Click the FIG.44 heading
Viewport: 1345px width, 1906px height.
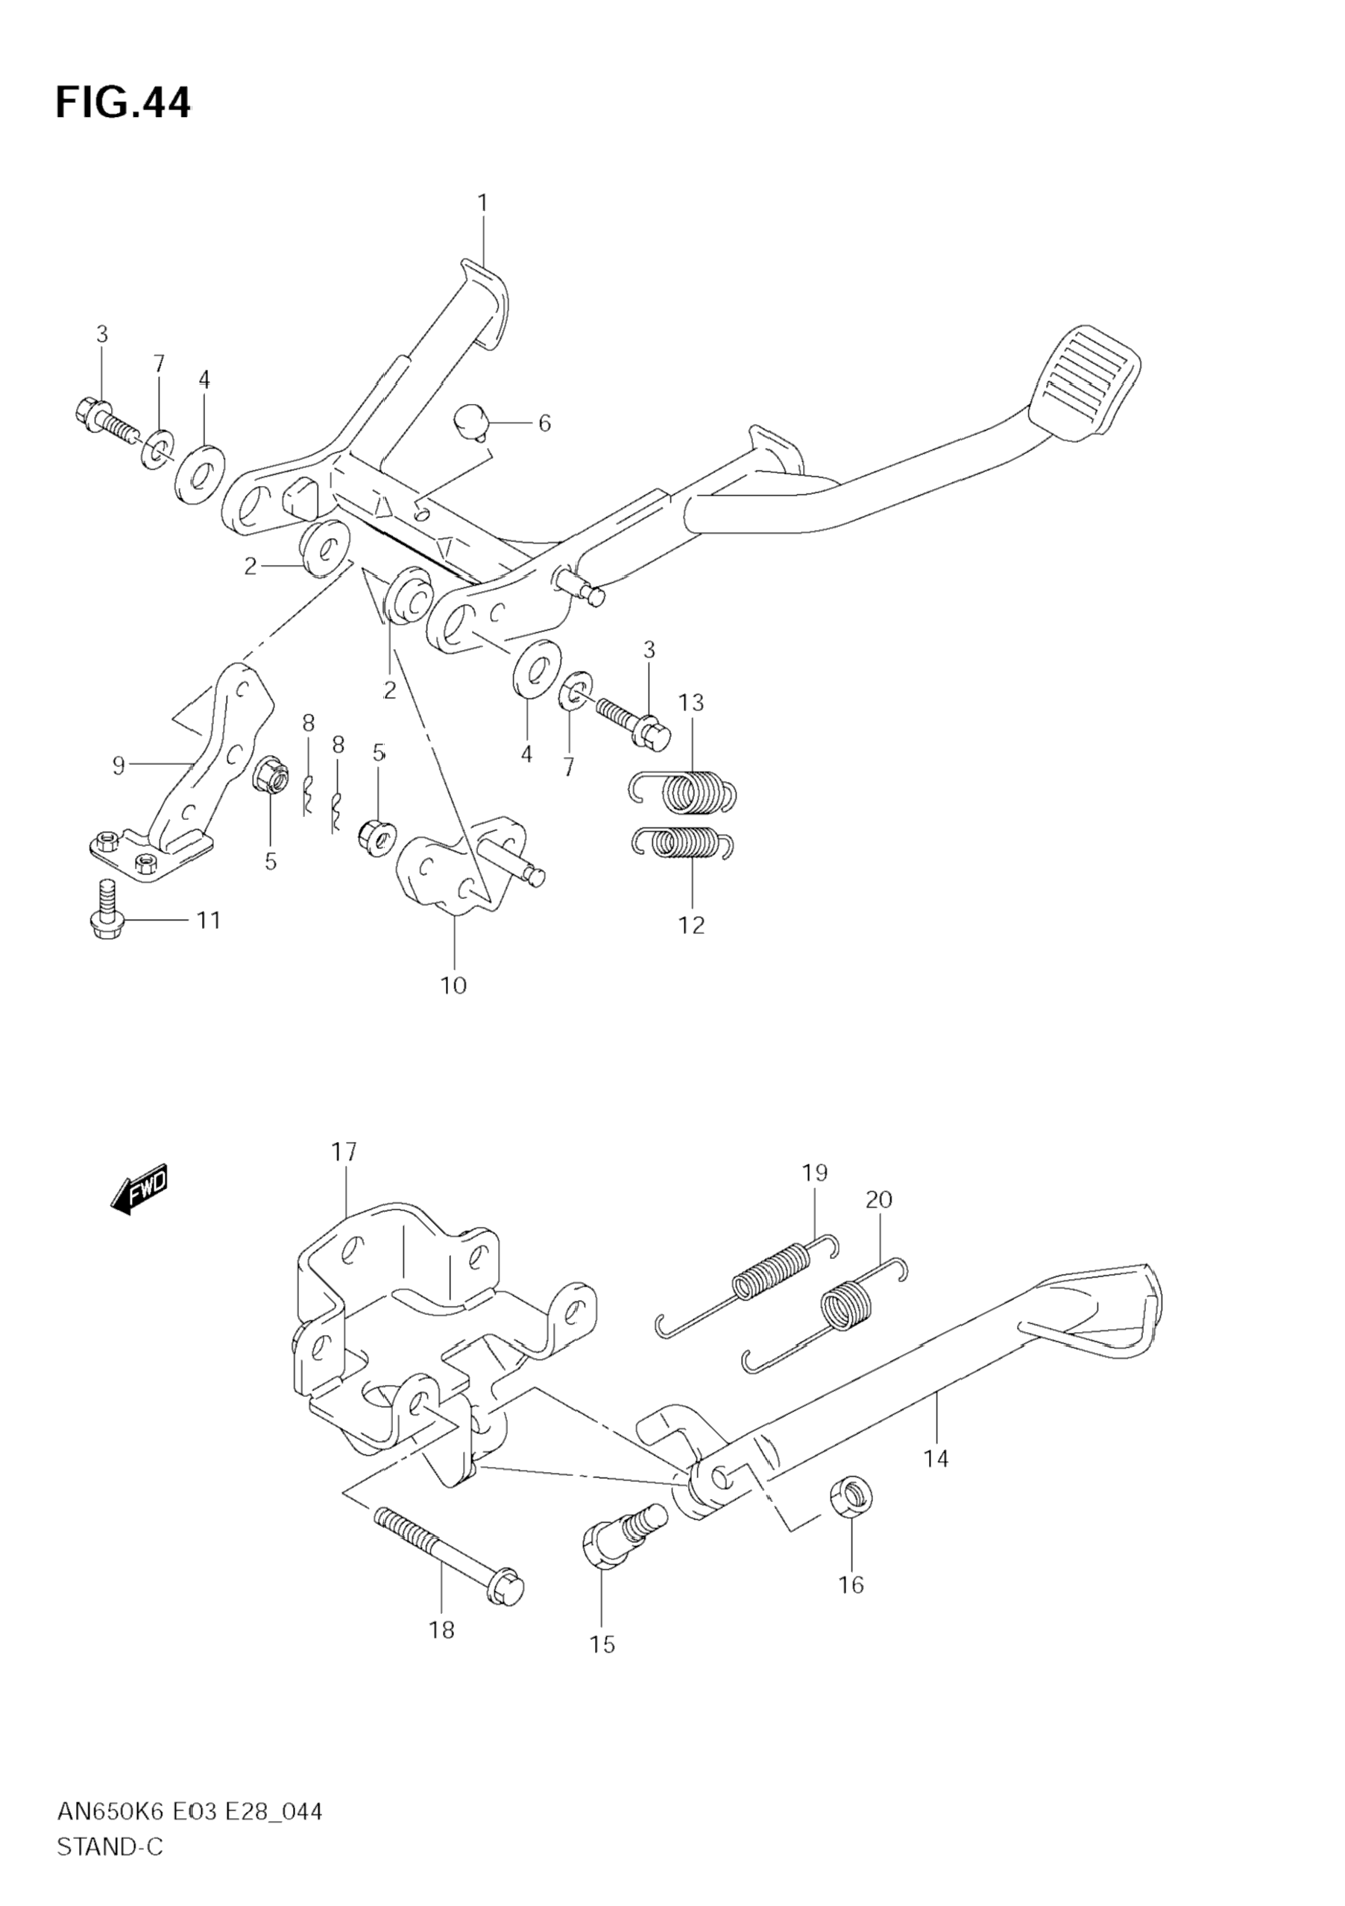pyautogui.click(x=123, y=103)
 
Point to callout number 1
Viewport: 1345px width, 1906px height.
pyautogui.click(x=482, y=203)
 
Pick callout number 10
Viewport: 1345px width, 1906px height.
pyautogui.click(x=453, y=985)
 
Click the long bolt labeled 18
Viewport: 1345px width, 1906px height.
pyautogui.click(x=449, y=1549)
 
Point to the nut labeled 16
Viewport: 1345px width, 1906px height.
pyautogui.click(x=851, y=1498)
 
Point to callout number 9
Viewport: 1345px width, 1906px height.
pyautogui.click(x=118, y=765)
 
